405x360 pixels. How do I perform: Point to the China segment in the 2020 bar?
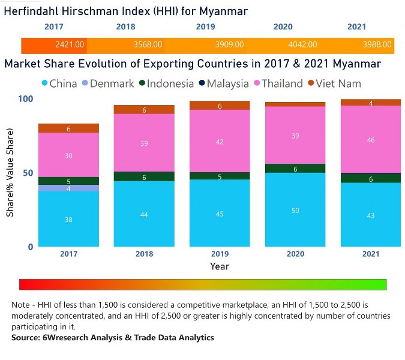295,210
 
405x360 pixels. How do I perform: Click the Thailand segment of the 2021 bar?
370,139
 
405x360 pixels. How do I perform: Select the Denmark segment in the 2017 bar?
69,188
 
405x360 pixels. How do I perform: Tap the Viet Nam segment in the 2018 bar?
144,110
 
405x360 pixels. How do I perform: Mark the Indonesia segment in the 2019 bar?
220,176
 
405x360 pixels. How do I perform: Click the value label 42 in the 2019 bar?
220,142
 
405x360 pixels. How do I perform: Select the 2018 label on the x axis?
144,254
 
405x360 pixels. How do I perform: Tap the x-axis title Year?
220,266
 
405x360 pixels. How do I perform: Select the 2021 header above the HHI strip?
358,27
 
